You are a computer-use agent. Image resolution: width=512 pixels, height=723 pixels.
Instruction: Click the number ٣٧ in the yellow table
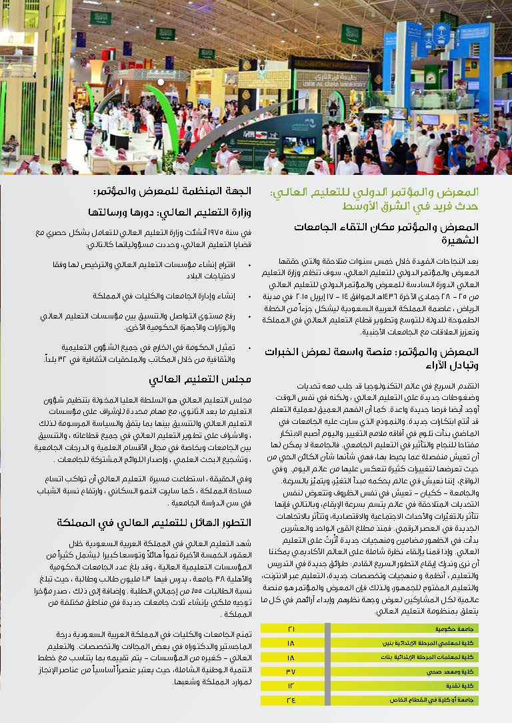click(291, 671)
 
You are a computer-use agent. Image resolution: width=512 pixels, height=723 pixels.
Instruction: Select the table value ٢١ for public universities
click(291, 629)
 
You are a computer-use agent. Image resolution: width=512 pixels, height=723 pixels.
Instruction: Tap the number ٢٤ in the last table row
click(291, 700)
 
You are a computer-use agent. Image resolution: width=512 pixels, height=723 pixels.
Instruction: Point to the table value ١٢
click(291, 686)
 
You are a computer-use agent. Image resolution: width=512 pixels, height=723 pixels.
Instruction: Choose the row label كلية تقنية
click(461, 686)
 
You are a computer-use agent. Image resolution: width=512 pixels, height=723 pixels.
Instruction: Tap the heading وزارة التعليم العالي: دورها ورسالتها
click(169, 212)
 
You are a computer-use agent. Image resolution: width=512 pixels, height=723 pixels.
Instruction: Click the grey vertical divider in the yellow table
click(327, 664)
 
